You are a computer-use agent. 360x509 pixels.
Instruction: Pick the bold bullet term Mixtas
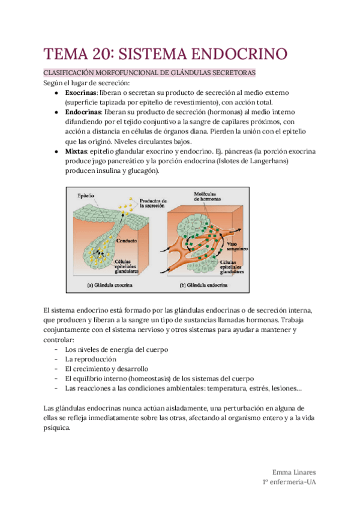tap(77, 152)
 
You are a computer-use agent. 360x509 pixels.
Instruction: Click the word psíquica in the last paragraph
tap(57, 428)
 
